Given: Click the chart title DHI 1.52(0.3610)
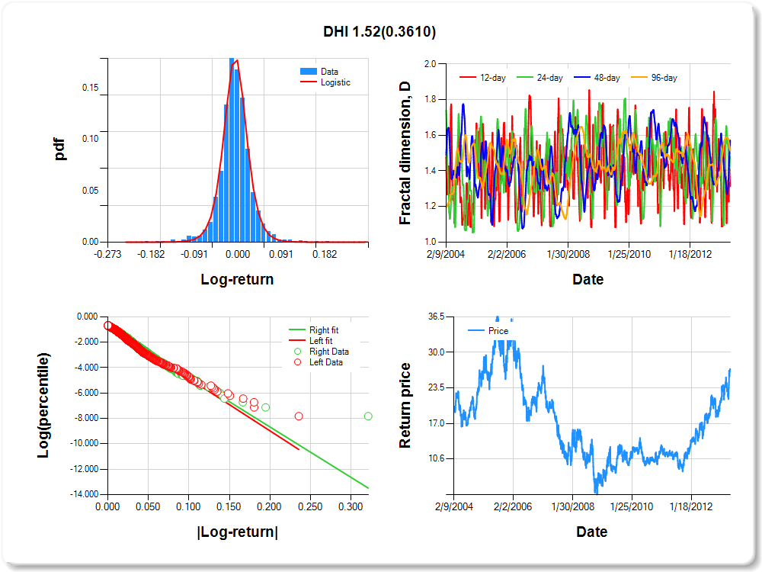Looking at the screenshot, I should (379, 31).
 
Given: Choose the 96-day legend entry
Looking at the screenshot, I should (664, 78).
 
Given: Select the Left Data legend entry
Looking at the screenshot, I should (325, 362).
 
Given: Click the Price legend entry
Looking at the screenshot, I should (498, 331).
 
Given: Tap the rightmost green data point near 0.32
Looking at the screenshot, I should (368, 416).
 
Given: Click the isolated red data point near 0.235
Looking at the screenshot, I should (299, 416).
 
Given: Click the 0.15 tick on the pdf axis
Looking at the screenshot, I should (90, 88).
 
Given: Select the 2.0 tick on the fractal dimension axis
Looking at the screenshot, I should (431, 64).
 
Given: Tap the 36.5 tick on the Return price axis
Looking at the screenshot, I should (435, 317).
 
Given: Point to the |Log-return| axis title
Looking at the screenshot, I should (237, 532).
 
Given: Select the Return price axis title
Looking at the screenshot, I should (405, 405).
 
